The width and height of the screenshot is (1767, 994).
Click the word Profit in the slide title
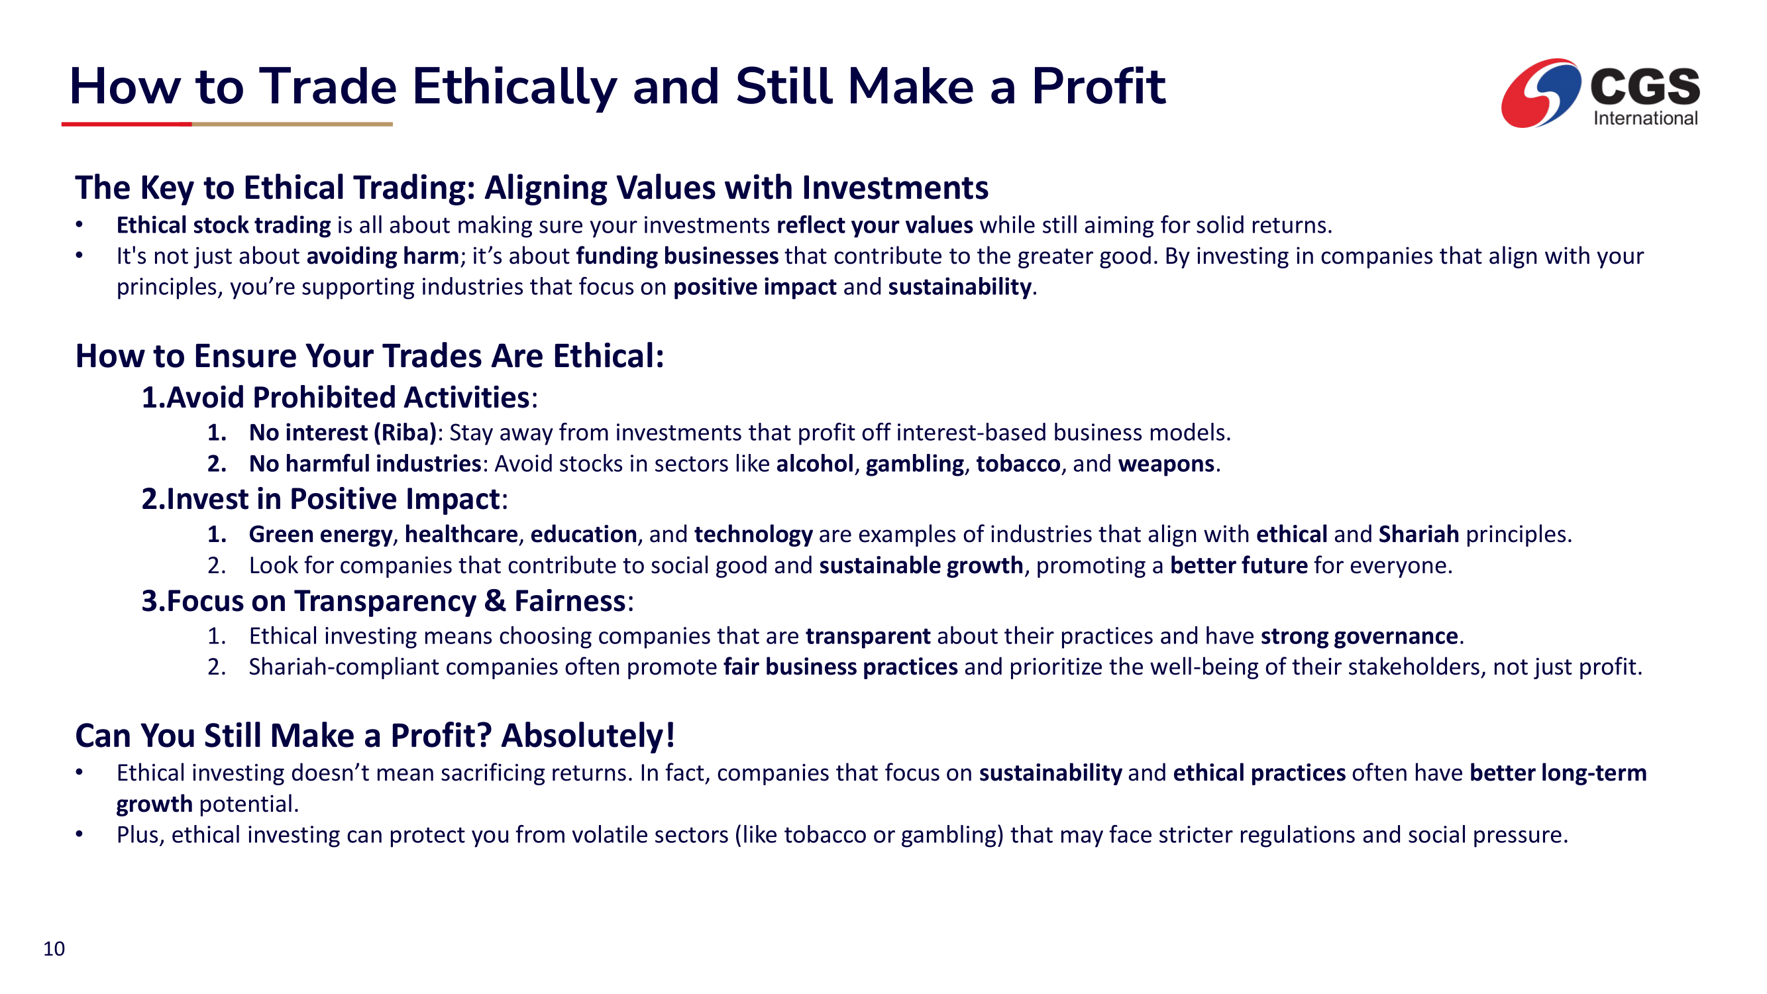[x=1098, y=87]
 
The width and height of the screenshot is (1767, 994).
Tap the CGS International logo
[x=1600, y=93]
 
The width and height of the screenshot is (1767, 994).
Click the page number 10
[x=54, y=949]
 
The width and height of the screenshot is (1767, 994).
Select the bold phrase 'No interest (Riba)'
[x=343, y=433]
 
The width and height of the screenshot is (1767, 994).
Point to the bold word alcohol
[x=815, y=464]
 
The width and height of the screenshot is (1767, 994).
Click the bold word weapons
[x=1166, y=465]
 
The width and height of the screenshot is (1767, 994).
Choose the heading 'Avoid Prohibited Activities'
[x=348, y=397]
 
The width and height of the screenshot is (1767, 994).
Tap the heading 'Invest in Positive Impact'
[x=333, y=499]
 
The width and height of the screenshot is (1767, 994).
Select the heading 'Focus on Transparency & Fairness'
[x=396, y=601]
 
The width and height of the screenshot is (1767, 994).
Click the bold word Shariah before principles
[x=1419, y=534]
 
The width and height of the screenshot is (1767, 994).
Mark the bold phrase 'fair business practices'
[x=840, y=667]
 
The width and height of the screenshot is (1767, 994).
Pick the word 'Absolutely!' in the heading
[x=588, y=736]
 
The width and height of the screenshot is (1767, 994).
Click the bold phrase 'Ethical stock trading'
[x=224, y=226]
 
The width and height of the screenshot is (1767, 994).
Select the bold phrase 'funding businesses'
[x=677, y=256]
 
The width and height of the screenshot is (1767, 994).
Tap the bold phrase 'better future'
[x=1239, y=566]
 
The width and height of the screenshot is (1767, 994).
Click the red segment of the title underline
[x=127, y=124]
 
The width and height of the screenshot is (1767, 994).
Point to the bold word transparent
[x=868, y=637]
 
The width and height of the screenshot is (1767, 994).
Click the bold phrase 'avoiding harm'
[x=383, y=256]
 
